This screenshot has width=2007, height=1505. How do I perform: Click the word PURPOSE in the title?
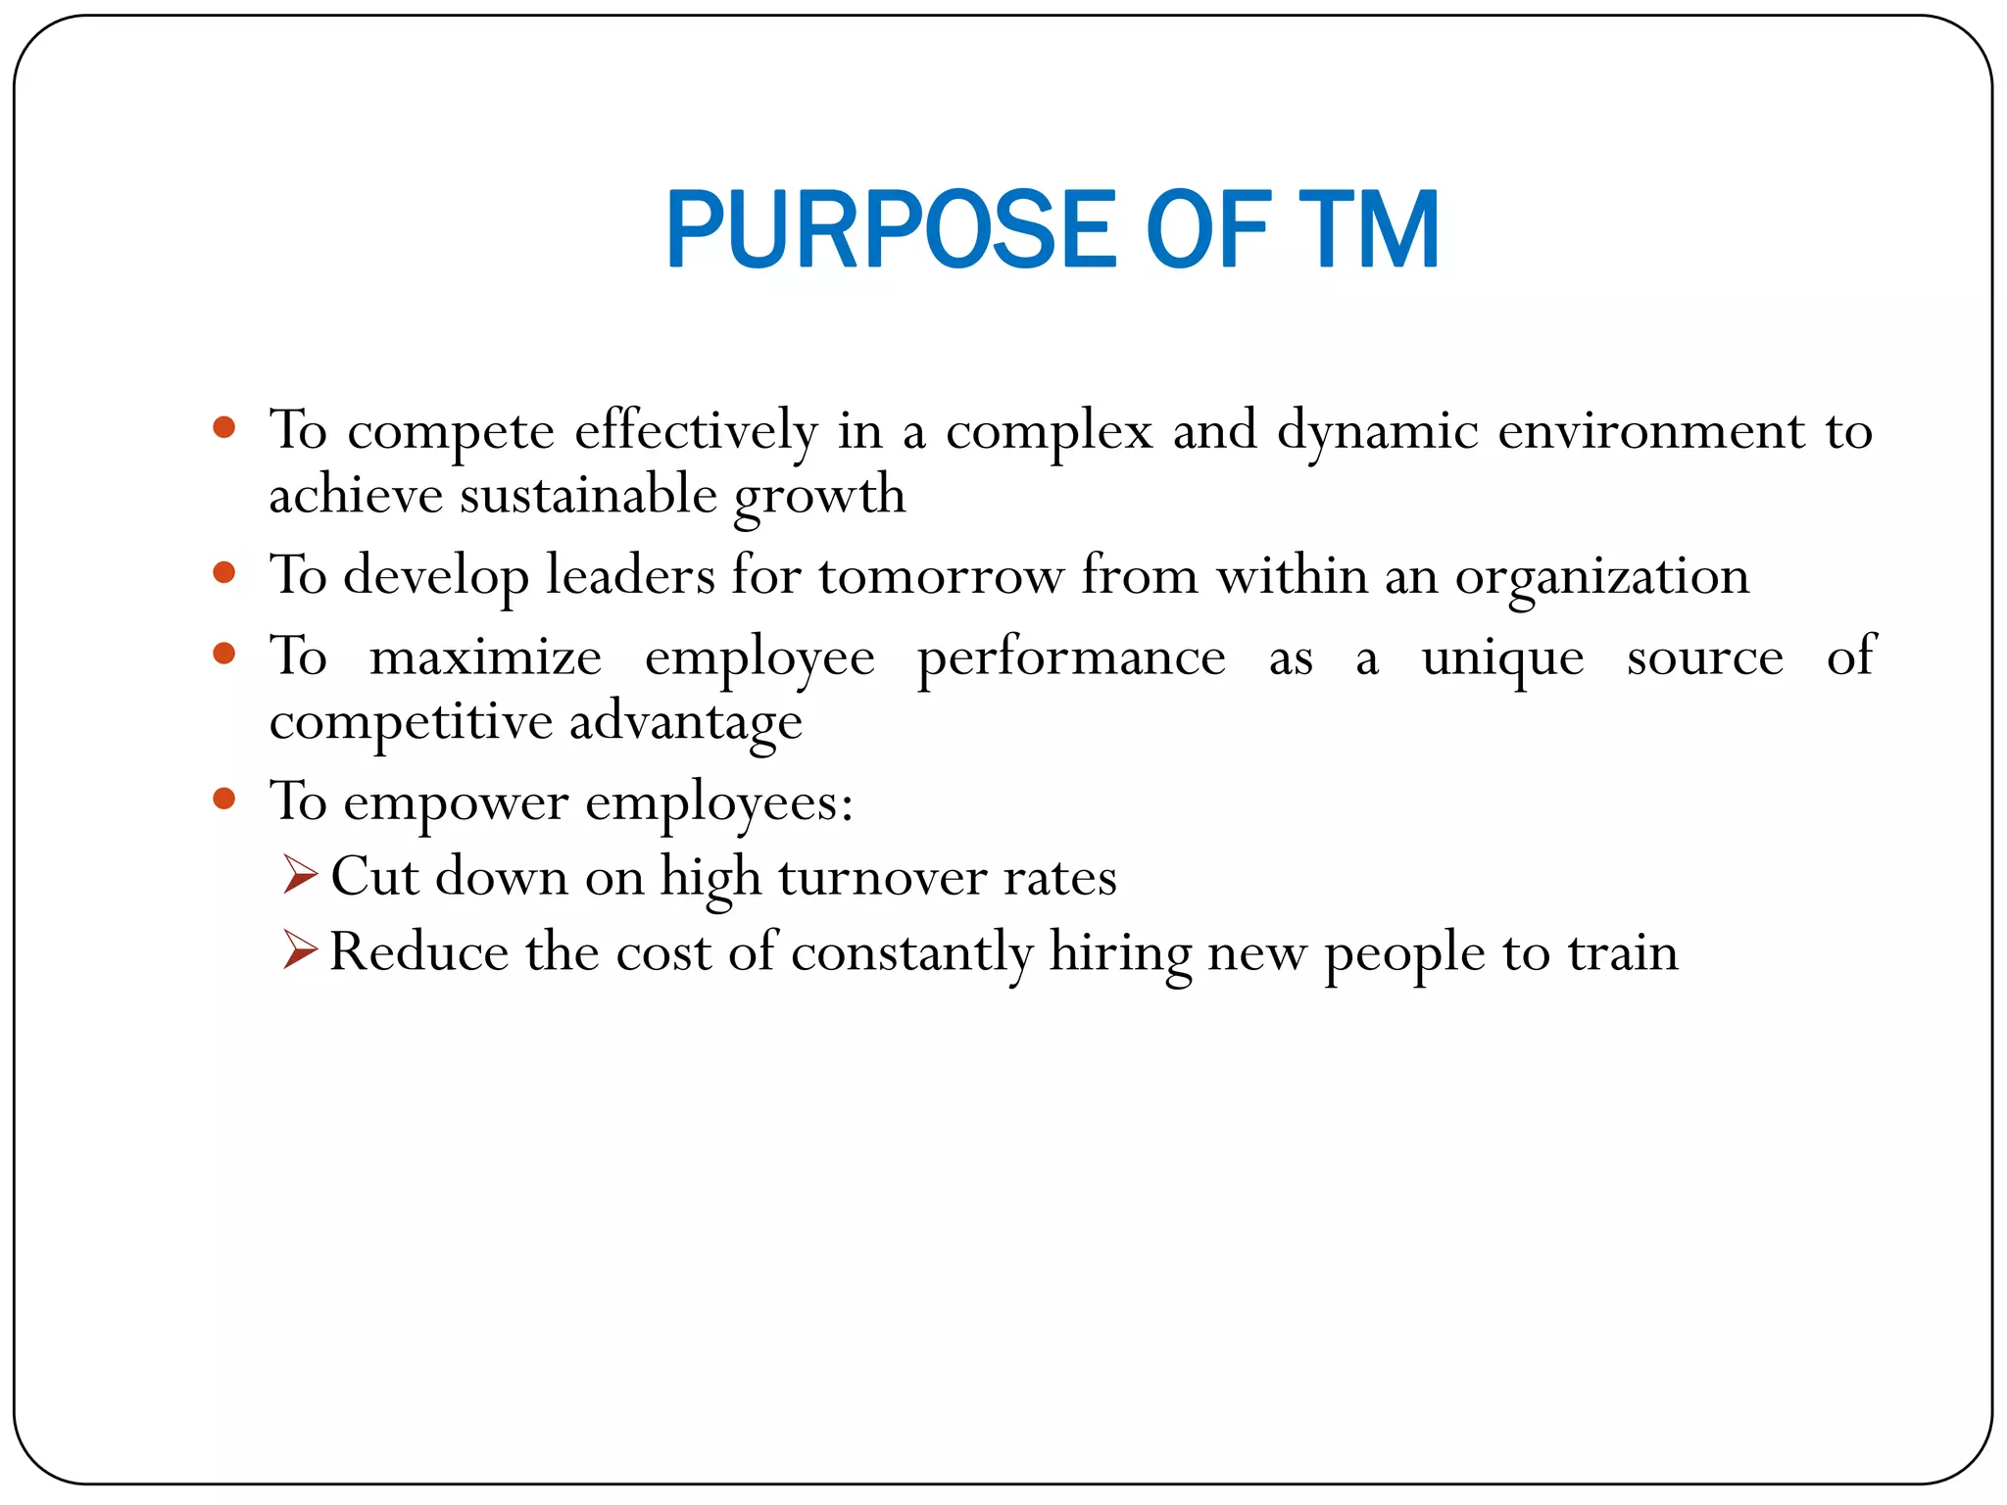[x=891, y=230]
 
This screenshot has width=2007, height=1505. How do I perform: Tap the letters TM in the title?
[x=1368, y=230]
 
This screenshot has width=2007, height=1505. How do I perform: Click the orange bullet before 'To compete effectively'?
[x=224, y=427]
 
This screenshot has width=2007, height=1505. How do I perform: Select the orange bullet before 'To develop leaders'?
[x=224, y=572]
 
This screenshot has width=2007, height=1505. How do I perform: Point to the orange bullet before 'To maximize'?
[x=224, y=654]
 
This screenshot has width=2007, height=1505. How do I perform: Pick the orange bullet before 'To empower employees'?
[x=224, y=799]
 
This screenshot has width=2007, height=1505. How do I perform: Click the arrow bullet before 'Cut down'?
[x=300, y=874]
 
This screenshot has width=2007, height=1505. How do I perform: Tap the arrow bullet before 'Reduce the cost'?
[x=300, y=949]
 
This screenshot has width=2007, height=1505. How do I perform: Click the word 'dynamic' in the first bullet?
[x=1377, y=431]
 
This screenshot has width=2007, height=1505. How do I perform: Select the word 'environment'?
[x=1650, y=431]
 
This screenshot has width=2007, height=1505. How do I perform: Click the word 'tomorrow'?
[x=941, y=576]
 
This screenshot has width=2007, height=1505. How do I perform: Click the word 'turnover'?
[x=882, y=877]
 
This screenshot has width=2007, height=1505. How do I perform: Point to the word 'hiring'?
[x=1120, y=953]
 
